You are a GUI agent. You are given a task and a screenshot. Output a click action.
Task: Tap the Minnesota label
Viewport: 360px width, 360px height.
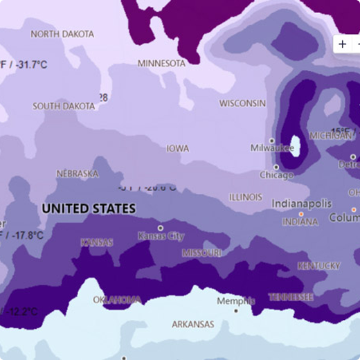[x=161, y=63]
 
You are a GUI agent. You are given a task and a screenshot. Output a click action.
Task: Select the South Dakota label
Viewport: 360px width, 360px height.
[x=64, y=107]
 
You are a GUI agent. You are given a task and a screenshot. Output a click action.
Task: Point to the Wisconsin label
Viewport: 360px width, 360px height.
[x=242, y=103]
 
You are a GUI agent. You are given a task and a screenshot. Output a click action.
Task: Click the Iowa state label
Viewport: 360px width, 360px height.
[x=177, y=148]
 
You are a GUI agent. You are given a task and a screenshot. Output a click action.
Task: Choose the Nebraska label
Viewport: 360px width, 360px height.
[x=77, y=174]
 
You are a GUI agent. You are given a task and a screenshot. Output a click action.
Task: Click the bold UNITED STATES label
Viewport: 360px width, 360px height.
[x=89, y=208]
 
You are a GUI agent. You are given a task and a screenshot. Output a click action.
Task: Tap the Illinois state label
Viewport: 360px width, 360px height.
[x=246, y=197]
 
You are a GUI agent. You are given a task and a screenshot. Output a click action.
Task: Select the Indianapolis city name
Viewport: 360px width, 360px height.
[x=301, y=204]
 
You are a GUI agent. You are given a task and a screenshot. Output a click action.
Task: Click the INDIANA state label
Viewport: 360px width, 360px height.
[x=300, y=222]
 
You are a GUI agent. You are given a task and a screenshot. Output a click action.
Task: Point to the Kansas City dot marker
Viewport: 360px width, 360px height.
[x=161, y=228]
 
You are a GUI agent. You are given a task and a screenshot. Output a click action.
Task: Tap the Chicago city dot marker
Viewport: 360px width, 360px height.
[x=276, y=167]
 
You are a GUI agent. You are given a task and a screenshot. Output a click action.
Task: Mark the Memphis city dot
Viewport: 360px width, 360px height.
[x=236, y=311]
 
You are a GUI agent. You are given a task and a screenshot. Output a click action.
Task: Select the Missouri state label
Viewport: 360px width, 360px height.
[x=201, y=253]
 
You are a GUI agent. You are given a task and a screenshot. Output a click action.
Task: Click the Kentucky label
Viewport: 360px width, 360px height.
[x=318, y=266]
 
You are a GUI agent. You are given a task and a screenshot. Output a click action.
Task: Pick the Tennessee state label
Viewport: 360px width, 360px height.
[x=291, y=297]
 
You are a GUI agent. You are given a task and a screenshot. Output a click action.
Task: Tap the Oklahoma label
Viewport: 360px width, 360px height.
[x=117, y=300]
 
